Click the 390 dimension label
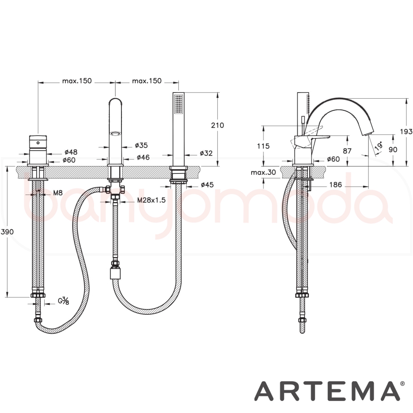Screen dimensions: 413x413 coord(7,232)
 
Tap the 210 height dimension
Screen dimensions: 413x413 coord(218,125)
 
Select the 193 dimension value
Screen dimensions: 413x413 coord(406,131)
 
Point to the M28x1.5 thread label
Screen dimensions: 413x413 coord(151,200)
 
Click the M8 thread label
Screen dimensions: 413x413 coord(58,193)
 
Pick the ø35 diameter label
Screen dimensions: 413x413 coord(141,145)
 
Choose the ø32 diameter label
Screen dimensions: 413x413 coord(206,153)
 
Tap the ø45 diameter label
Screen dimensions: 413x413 coord(207,185)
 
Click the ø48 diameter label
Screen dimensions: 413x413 coord(71,152)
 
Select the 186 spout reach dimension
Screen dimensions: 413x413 coord(335,185)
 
